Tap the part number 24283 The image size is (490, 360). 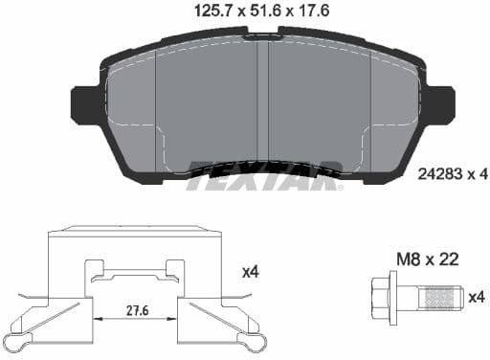pyautogui.click(x=439, y=173)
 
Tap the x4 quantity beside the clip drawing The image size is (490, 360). pyautogui.click(x=251, y=272)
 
